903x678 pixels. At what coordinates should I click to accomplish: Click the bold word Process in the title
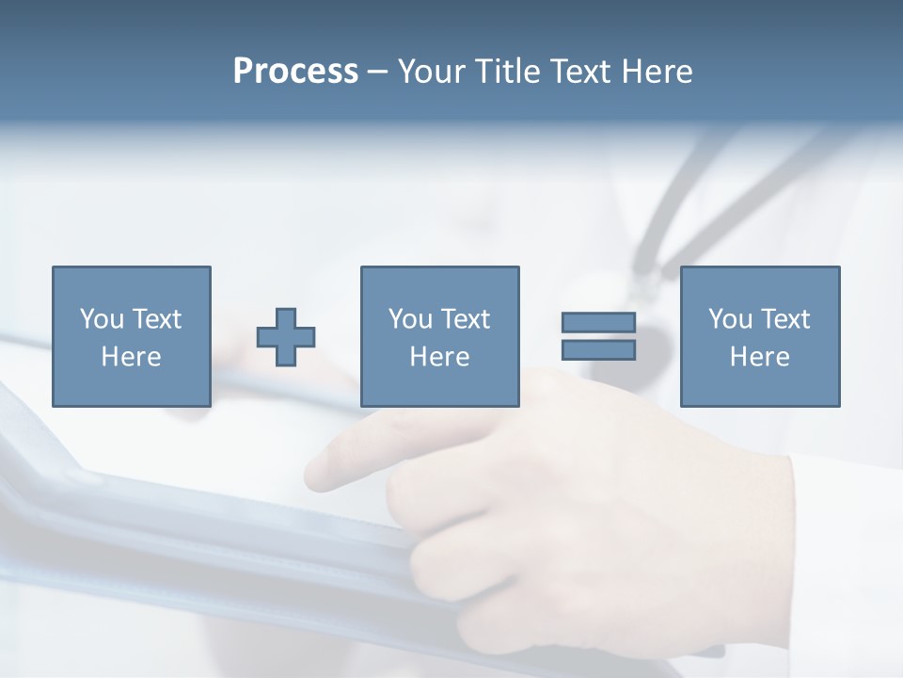[x=295, y=71]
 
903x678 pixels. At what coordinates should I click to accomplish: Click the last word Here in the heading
[x=657, y=71]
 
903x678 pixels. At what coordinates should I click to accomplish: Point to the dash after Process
[x=377, y=72]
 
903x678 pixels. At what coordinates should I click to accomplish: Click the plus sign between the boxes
[x=286, y=337]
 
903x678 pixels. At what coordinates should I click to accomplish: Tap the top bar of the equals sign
[x=598, y=323]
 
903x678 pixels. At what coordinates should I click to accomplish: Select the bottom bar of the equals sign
[x=598, y=350]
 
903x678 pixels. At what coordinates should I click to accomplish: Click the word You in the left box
[x=102, y=319]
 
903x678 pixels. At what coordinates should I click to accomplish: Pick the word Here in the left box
[x=131, y=357]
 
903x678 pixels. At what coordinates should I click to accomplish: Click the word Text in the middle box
[x=465, y=319]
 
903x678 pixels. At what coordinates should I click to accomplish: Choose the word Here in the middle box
[x=439, y=357]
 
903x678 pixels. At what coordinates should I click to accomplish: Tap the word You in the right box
[x=730, y=319]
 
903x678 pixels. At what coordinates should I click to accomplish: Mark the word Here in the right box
[x=759, y=357]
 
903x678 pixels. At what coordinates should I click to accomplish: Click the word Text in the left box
[x=156, y=319]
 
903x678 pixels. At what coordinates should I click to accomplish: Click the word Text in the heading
[x=579, y=71]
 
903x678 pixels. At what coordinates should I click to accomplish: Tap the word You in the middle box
[x=410, y=319]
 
